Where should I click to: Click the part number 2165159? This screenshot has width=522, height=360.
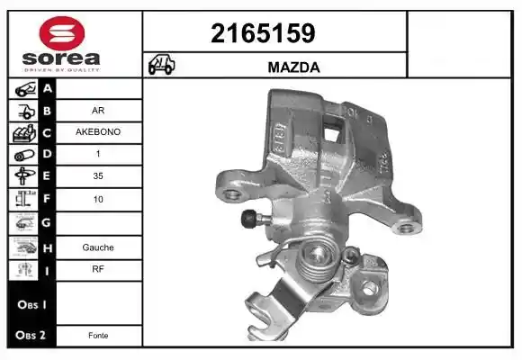tap(263, 33)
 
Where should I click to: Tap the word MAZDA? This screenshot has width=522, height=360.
tap(293, 67)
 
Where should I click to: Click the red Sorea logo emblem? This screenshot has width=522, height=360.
tap(62, 33)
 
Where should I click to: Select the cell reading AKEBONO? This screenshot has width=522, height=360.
tap(98, 132)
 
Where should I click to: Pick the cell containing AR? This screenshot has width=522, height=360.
tap(98, 110)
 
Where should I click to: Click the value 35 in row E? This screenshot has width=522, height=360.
tap(98, 175)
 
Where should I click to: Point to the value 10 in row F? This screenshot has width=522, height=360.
tap(98, 199)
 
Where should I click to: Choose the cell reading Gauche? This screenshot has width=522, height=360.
tap(98, 247)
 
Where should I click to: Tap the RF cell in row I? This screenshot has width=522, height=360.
tap(98, 269)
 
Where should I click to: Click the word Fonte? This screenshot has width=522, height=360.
tap(98, 336)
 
